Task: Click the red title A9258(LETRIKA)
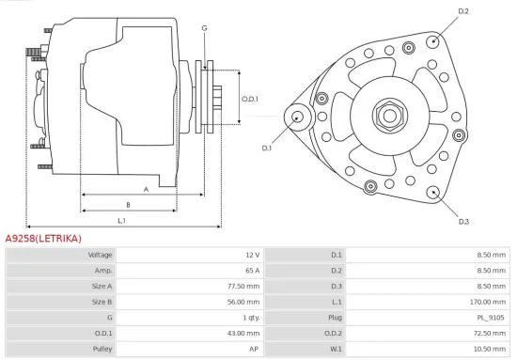point(43,239)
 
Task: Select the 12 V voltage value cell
point(251,255)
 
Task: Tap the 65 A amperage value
point(250,271)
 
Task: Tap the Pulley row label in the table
point(102,349)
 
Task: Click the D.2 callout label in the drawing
point(462,10)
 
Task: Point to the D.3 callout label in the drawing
point(463,222)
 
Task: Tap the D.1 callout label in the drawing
point(266,148)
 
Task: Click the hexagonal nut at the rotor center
point(388,116)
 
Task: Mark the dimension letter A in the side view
point(146,188)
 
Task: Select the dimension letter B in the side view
point(128,204)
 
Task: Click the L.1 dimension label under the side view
point(121,220)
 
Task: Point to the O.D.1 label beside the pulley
point(249,99)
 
